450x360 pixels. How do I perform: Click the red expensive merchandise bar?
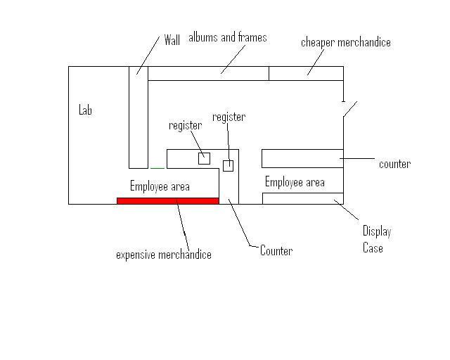coord(167,200)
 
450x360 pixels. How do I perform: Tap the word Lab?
coord(85,110)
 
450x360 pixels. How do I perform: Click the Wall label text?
coord(172,40)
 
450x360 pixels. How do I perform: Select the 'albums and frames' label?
coord(228,37)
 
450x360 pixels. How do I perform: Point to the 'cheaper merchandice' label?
coord(345,42)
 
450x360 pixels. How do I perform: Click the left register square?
coord(204,158)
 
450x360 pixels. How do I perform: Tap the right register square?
coord(228,166)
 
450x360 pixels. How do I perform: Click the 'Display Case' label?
coord(376,239)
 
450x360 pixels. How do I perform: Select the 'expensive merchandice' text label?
coord(163,255)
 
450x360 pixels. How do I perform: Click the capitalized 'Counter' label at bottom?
coord(276,250)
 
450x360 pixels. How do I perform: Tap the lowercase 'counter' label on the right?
coord(394,164)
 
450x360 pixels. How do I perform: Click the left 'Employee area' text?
coord(160,186)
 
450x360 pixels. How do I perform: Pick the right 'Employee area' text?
coord(295,182)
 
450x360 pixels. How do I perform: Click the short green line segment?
coord(157,168)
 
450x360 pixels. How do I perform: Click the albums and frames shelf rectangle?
coord(208,73)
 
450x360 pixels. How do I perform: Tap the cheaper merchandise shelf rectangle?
coord(306,73)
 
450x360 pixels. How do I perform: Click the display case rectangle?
coord(302,198)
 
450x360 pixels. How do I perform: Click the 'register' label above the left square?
coord(186,126)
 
